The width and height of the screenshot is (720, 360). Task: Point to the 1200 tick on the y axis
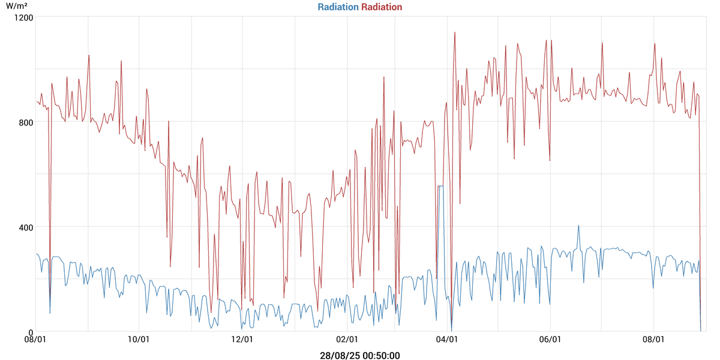tap(24, 17)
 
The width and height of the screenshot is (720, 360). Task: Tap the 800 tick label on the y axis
tap(25, 122)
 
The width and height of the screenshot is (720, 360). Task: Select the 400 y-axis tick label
tap(25, 227)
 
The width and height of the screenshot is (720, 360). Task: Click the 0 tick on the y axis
tap(30, 332)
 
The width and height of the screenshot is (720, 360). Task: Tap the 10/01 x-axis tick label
tap(139, 340)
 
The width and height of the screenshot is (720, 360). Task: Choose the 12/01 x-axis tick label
tap(242, 340)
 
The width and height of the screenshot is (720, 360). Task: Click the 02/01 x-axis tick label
tap(347, 340)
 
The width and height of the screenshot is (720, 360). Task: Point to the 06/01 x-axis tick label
tap(551, 340)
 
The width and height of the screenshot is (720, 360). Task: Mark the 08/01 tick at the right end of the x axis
tap(653, 340)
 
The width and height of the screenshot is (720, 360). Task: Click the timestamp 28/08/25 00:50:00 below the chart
tap(360, 355)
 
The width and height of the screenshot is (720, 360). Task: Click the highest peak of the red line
tap(455, 32)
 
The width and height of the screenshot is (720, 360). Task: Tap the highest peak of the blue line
tap(578, 226)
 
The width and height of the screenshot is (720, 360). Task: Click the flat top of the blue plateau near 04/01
tap(440, 186)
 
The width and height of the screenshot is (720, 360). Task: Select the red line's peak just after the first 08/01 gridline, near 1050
tap(89, 55)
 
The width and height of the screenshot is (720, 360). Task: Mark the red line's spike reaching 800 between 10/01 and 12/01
tap(169, 121)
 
